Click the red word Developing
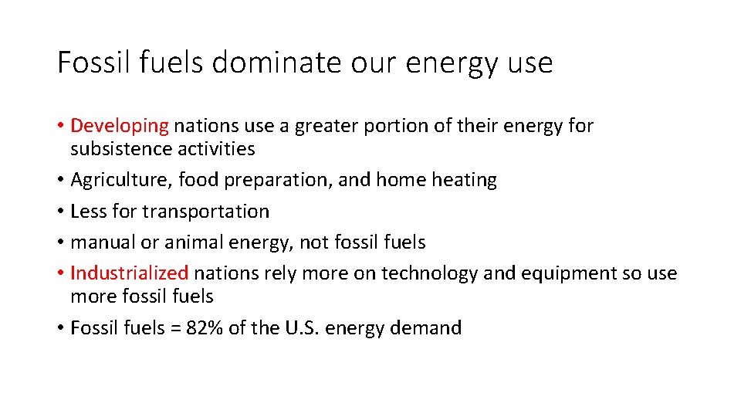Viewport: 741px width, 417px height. (x=119, y=126)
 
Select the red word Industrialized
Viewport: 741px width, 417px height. (x=129, y=273)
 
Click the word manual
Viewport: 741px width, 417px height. (x=103, y=242)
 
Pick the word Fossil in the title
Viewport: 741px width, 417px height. (x=91, y=63)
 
